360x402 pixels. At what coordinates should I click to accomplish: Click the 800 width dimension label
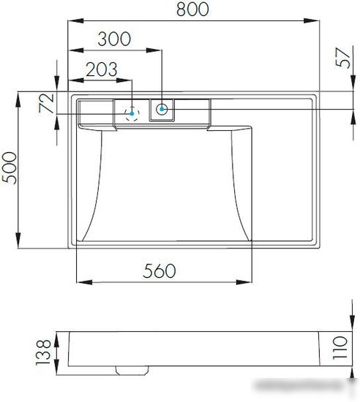192,10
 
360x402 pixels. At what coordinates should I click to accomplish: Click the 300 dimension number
114,39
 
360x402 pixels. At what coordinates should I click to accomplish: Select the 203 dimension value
102,69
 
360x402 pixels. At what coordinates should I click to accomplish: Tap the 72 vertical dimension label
46,103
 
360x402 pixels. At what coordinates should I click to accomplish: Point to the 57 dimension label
343,58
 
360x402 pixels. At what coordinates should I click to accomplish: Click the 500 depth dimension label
10,168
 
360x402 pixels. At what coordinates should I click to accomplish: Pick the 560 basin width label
160,270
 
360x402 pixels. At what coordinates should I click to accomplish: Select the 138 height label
43,352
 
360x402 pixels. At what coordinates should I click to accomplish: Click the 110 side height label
340,348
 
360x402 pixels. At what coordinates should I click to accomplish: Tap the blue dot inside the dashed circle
132,113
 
